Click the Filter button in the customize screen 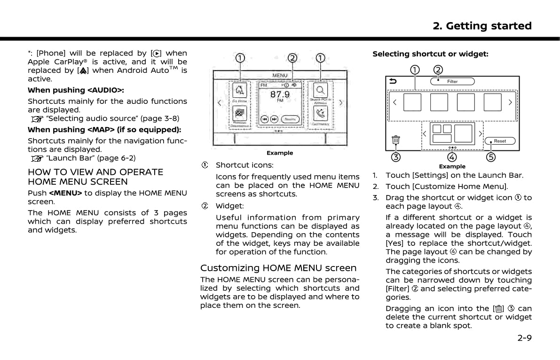pos(452,81)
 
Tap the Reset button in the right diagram pos(500,141)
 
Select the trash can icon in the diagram pos(396,140)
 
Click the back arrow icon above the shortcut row pos(393,81)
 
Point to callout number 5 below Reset pos(491,157)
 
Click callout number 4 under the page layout pos(452,157)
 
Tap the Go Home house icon pos(240,90)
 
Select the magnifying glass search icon pos(321,90)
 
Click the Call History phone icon pos(321,113)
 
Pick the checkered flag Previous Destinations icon pos(240,113)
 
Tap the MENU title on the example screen pos(280,75)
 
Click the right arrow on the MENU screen pos(341,103)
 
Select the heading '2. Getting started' pos(482,26)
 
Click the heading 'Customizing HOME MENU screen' pos(278,268)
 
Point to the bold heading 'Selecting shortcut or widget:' pos(430,54)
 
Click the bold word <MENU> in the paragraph pos(65,193)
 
